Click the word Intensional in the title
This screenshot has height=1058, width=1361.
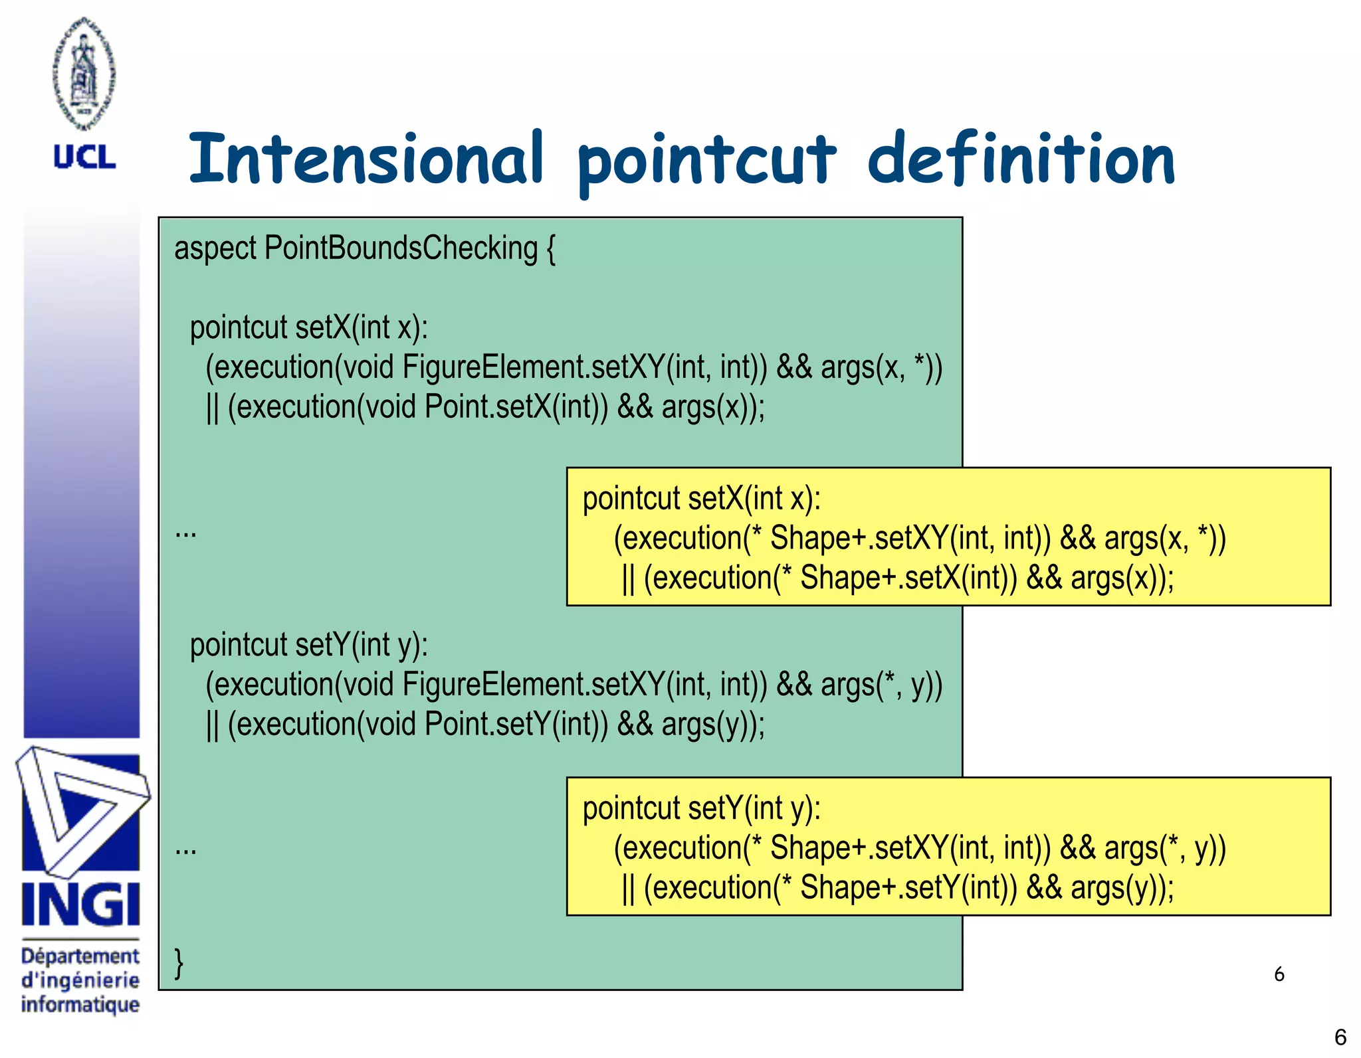pos(366,159)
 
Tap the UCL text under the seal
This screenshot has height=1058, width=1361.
pos(84,157)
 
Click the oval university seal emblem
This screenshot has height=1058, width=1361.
pos(84,73)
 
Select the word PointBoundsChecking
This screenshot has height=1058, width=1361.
pos(401,248)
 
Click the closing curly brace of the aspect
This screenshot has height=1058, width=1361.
pos(178,962)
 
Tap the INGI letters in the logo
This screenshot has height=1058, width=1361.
pos(80,905)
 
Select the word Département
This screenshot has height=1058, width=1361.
pos(80,956)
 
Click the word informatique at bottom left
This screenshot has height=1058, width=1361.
pos(80,1004)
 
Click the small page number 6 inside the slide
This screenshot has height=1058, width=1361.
pos(1279,974)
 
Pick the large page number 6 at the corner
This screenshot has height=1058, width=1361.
pos(1340,1037)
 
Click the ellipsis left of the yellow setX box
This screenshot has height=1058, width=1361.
pos(185,532)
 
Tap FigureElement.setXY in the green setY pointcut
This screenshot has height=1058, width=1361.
pos(532,685)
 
